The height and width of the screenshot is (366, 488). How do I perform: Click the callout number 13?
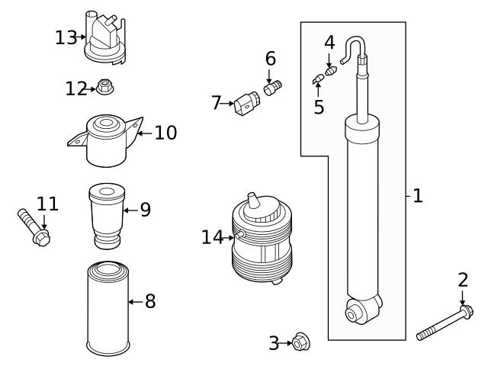tap(66, 37)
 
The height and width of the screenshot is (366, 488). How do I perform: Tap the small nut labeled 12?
tap(104, 88)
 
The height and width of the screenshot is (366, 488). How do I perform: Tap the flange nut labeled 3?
tap(300, 343)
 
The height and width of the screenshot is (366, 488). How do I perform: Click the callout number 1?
tap(416, 196)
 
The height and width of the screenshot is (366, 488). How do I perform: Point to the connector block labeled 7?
tap(245, 104)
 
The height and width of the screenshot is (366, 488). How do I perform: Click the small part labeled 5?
tap(317, 79)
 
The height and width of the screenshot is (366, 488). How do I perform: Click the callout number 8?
tap(150, 301)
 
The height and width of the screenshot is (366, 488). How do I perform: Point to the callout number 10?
tap(165, 133)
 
